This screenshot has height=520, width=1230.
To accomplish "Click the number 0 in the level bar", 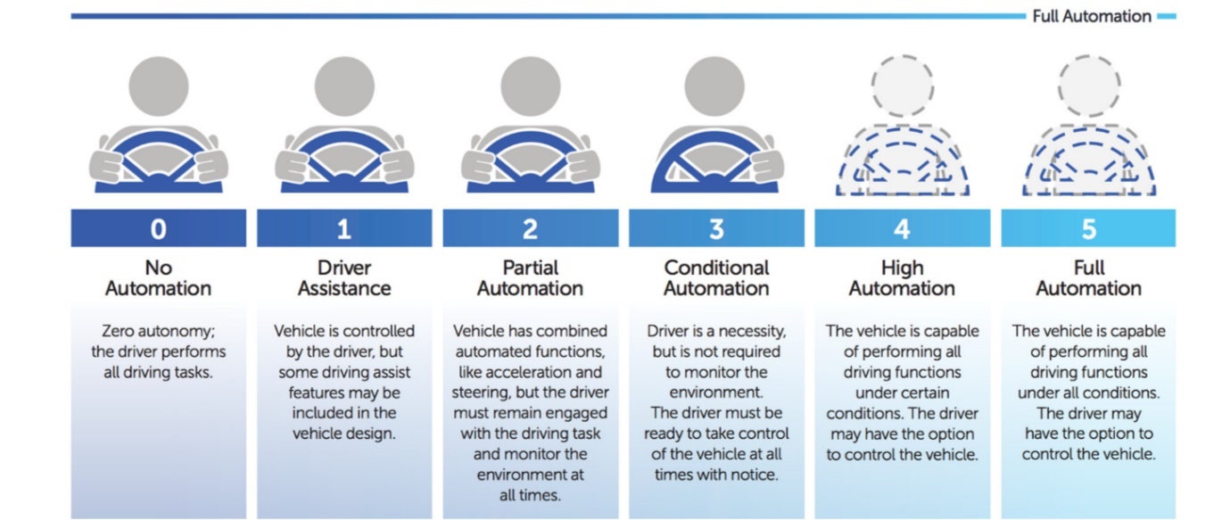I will [158, 229].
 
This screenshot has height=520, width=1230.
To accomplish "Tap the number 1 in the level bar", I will [344, 229].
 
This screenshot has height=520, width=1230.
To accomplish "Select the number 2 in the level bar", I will [530, 229].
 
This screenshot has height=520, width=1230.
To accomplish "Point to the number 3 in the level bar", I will [716, 229].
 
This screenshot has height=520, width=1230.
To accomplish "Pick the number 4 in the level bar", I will [902, 229].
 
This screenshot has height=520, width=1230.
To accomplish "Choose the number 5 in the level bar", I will [1088, 229].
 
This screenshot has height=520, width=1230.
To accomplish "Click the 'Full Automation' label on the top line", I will [1091, 16].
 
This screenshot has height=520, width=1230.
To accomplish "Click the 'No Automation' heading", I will [158, 277].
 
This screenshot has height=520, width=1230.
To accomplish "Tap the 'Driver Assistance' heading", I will [344, 277].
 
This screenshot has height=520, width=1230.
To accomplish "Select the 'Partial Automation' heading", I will [530, 277].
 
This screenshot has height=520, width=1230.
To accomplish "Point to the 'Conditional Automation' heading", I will [716, 277].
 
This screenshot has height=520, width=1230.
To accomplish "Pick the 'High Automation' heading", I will [902, 277].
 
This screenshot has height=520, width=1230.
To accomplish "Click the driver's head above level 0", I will [159, 86].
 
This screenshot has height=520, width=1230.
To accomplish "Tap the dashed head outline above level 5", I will [1089, 86].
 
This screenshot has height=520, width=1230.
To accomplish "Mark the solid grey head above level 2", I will [531, 86].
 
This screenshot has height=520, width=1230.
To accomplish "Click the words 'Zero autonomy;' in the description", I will [158, 331].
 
